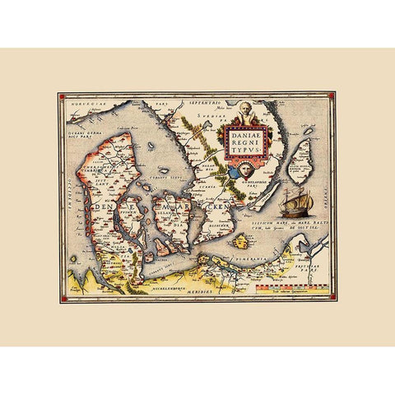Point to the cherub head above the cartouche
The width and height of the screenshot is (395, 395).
(x=244, y=111)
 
